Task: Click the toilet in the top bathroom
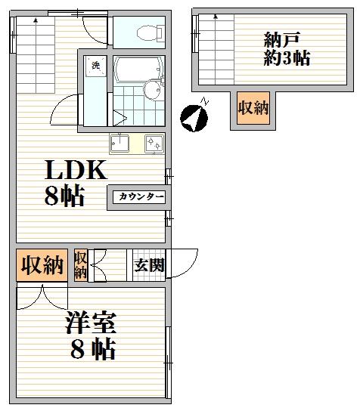[x=150, y=32]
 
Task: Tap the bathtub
[x=138, y=69]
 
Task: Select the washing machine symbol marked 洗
[x=95, y=66]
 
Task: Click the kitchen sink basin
[x=119, y=143]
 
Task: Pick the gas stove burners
[x=154, y=143]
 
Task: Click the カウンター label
[x=139, y=197]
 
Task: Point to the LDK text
[x=76, y=170]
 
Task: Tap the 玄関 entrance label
[x=149, y=265]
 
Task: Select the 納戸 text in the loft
[x=282, y=39]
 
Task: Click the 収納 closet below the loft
[x=253, y=108]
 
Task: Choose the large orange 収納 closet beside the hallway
[x=42, y=265]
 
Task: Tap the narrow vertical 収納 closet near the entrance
[x=80, y=265]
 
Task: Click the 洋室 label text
[x=91, y=322]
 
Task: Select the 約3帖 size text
[x=287, y=57]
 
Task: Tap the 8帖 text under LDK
[x=64, y=196]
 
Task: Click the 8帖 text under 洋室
[x=93, y=349]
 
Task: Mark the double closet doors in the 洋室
[x=42, y=298]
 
